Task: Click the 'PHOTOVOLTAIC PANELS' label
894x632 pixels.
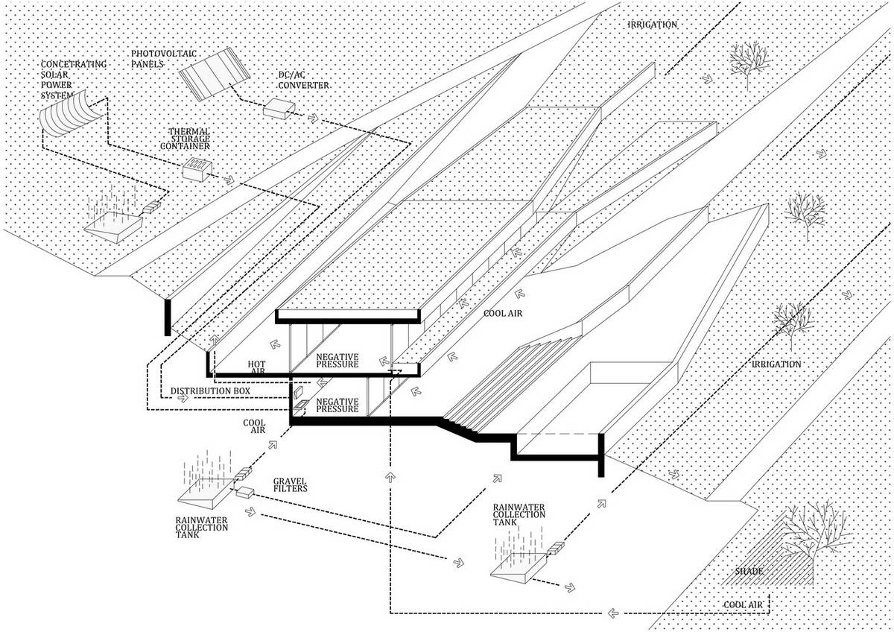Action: click(x=164, y=59)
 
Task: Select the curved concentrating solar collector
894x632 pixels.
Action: click(x=70, y=114)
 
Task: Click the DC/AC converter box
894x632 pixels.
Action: click(x=279, y=108)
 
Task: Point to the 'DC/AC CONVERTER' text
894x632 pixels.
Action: click(x=303, y=80)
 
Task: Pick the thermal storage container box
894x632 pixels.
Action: click(x=197, y=170)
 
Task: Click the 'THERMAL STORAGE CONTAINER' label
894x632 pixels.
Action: click(x=186, y=139)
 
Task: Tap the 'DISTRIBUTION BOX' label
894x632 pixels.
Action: click(x=210, y=391)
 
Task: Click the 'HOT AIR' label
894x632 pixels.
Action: click(x=256, y=367)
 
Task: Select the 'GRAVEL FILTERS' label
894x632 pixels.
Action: click(x=290, y=485)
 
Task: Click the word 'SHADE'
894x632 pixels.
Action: click(x=749, y=571)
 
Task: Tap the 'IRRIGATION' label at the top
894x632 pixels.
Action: click(x=653, y=25)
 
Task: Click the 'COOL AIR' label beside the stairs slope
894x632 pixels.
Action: click(x=503, y=314)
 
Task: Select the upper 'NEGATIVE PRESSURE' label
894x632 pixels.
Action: click(x=337, y=361)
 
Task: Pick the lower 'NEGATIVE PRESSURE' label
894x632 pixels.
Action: click(x=337, y=405)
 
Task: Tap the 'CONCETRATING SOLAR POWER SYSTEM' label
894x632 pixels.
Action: click(x=74, y=80)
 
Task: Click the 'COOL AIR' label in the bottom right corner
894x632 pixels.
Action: click(x=743, y=605)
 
